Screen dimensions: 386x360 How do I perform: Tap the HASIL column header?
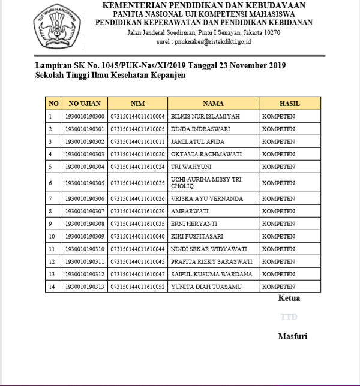pyautogui.click(x=289, y=104)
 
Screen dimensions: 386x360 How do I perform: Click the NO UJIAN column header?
pyautogui.click(x=85, y=104)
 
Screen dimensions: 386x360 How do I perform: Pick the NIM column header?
pyautogui.click(x=137, y=104)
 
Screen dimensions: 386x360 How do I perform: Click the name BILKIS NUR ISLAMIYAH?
pyautogui.click(x=206, y=116)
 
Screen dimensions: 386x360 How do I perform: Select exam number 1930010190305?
pyautogui.click(x=85, y=183)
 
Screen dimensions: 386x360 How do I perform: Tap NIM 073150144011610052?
pyautogui.click(x=137, y=287)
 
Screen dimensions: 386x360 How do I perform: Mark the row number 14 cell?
pyautogui.click(x=52, y=287)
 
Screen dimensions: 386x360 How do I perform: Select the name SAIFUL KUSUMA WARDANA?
pyautogui.click(x=211, y=274)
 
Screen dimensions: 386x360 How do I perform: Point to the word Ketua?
pyautogui.click(x=289, y=298)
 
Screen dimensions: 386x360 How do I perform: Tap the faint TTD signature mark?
pyautogui.click(x=289, y=316)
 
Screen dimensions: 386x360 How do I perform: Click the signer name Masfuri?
pyautogui.click(x=292, y=336)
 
